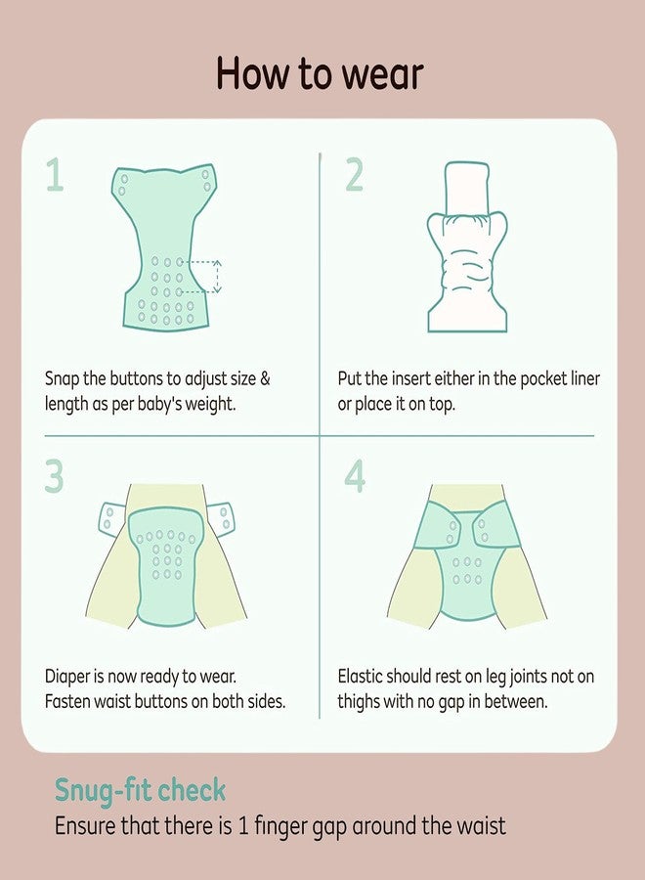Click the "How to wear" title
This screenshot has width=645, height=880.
click(x=320, y=73)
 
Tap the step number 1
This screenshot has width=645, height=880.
click(x=55, y=175)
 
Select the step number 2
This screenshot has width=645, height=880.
click(x=355, y=175)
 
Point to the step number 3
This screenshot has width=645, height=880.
click(x=55, y=477)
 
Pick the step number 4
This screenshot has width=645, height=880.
click(x=355, y=477)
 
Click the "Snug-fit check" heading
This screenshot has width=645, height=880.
click(x=140, y=791)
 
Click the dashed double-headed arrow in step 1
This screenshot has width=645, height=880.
click(x=218, y=276)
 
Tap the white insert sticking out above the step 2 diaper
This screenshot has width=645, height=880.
click(x=466, y=188)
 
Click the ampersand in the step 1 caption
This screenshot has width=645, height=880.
click(x=265, y=378)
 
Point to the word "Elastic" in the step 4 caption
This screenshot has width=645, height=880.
click(x=360, y=677)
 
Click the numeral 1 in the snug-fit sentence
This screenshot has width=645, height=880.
click(x=243, y=826)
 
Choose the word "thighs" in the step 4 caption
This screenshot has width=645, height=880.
click(x=359, y=702)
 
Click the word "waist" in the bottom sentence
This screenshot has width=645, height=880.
click(x=481, y=826)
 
